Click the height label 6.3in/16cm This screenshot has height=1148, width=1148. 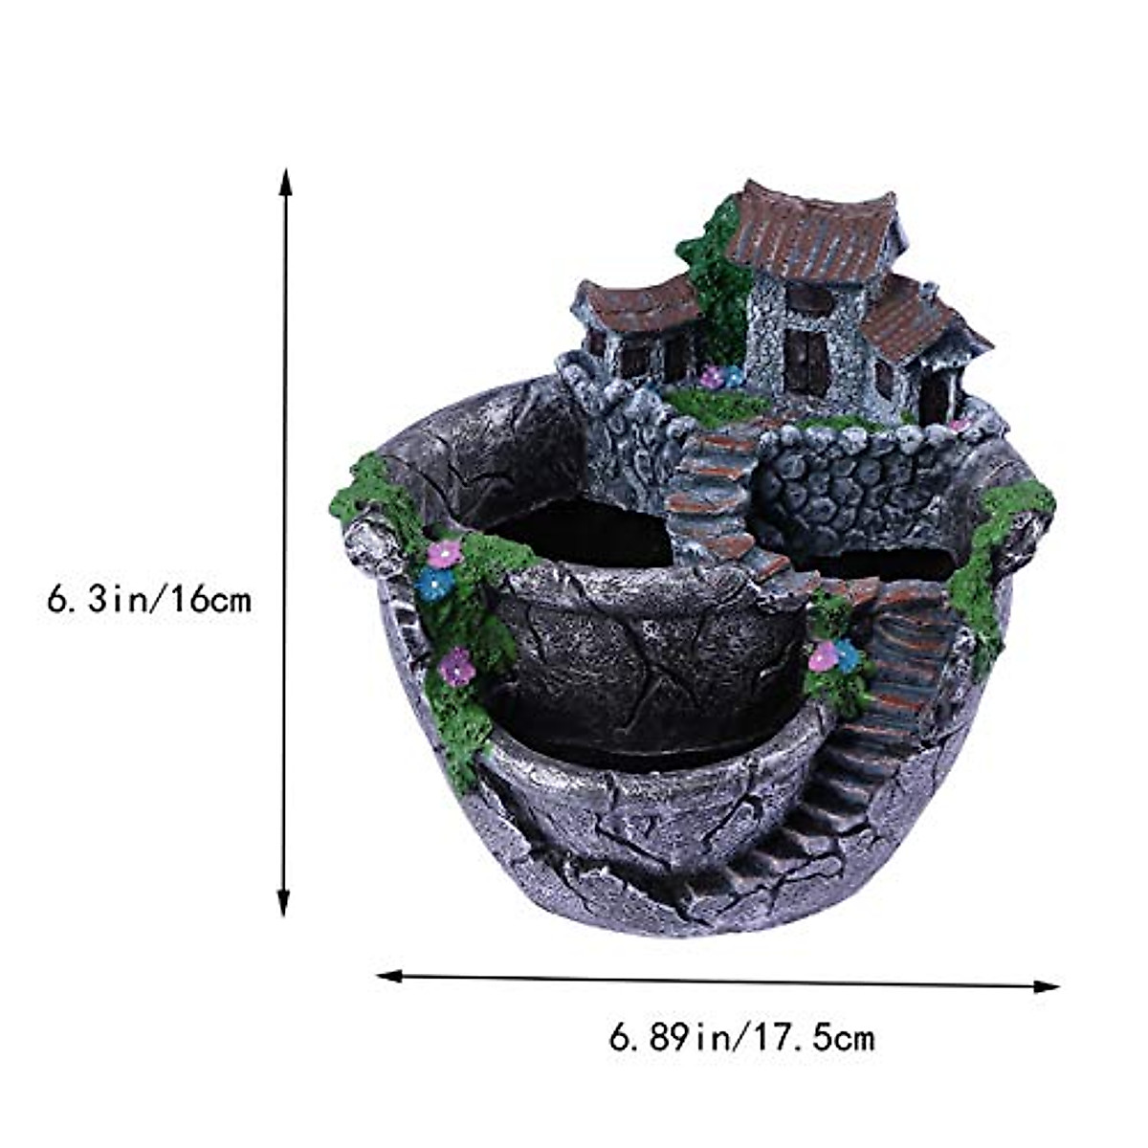click(x=148, y=600)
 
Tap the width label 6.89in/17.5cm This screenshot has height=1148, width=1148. click(x=741, y=1036)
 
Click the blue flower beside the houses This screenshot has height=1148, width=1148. click(x=733, y=376)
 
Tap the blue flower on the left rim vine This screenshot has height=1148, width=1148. click(x=435, y=584)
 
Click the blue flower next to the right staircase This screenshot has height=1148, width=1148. click(x=847, y=655)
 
